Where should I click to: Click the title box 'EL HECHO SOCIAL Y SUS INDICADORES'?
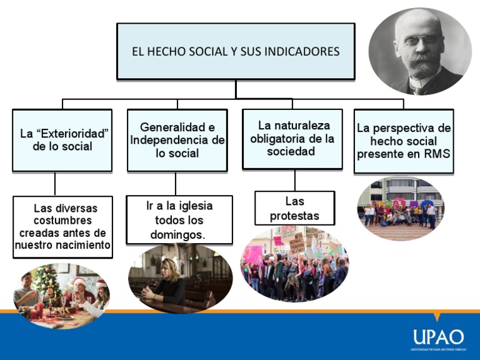[x=236, y=51]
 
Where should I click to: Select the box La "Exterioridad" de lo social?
[x=62, y=141]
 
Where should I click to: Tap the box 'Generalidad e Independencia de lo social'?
[x=177, y=140]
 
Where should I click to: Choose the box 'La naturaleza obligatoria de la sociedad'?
[x=292, y=139]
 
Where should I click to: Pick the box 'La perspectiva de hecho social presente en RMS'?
[x=403, y=141]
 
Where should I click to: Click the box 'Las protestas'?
[x=294, y=208]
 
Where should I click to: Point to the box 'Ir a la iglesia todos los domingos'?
[x=179, y=220]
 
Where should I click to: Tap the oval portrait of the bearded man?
[x=420, y=51]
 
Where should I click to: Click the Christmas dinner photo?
[x=61, y=296]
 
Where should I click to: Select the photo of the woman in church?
[x=180, y=279]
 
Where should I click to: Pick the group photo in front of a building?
[x=401, y=209]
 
